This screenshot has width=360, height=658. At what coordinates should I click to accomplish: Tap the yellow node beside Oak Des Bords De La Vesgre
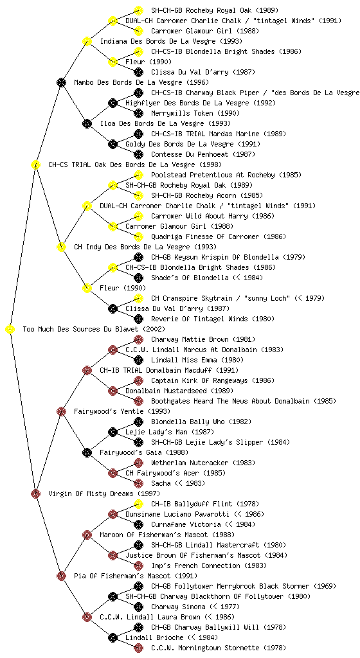click(x=35, y=164)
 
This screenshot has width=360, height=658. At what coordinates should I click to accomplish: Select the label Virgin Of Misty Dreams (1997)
click(x=104, y=493)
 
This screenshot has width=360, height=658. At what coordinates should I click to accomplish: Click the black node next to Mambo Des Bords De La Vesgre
click(x=61, y=82)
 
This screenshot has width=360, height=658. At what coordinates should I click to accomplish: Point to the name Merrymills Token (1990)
click(x=195, y=113)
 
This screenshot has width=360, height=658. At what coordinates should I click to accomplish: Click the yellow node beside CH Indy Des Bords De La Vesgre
click(x=61, y=247)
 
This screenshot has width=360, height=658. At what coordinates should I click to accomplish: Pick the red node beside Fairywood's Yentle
click(x=61, y=411)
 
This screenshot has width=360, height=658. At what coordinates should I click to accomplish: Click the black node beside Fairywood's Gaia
click(x=87, y=452)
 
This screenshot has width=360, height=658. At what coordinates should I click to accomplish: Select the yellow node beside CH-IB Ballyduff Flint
click(x=138, y=504)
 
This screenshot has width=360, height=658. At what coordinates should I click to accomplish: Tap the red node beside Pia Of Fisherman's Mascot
click(x=61, y=576)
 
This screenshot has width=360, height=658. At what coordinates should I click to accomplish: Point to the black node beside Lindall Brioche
click(x=113, y=637)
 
